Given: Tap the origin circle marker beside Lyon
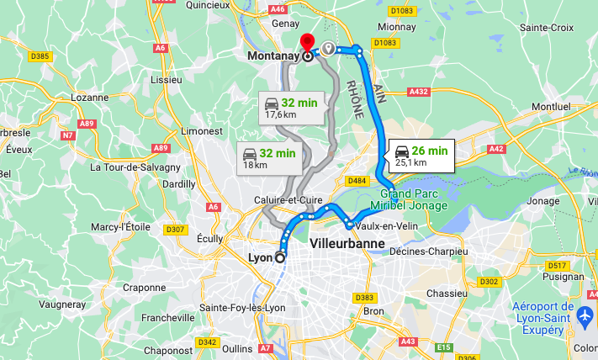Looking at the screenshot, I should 280,258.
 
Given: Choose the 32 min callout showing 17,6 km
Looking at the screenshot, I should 288,108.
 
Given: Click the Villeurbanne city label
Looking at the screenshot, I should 347,244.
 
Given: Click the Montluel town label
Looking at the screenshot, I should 551,107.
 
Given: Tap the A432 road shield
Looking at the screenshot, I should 418,91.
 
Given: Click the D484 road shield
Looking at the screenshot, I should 357,181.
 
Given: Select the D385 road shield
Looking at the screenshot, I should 40,56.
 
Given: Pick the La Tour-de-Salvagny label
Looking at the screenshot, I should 131,166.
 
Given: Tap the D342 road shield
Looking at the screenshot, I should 208,342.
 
